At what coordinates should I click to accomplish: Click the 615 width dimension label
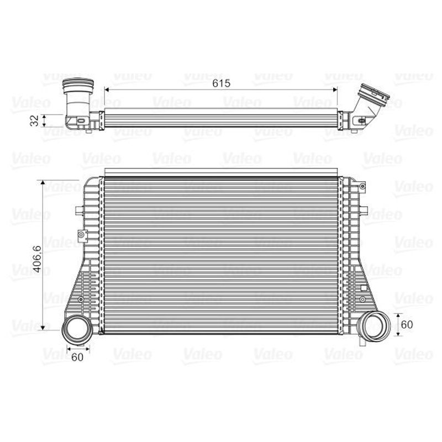[x=222, y=83]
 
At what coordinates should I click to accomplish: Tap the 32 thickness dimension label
[x=34, y=120]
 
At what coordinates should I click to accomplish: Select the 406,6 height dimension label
[x=37, y=259]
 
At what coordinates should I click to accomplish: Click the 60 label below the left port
[x=77, y=357]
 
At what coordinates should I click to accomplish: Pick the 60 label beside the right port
[x=407, y=324]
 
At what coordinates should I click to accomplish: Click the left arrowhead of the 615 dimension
[x=107, y=90]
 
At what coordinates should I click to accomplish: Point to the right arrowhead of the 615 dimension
[x=335, y=90]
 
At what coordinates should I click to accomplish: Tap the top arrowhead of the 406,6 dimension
[x=43, y=182]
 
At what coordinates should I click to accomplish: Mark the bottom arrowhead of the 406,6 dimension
[x=43, y=328]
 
